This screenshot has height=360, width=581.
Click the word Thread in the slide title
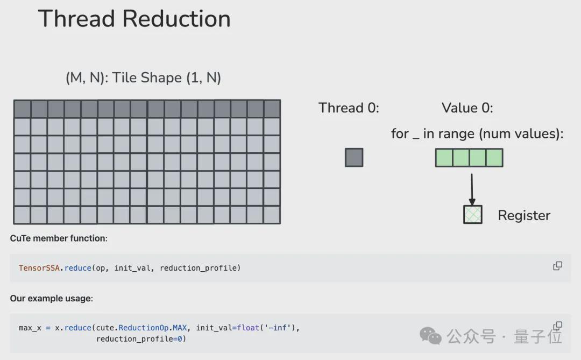click(76, 18)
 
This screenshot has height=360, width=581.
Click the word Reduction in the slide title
click(176, 18)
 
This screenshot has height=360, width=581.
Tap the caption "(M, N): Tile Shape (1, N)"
click(144, 78)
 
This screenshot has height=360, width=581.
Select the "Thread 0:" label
click(349, 108)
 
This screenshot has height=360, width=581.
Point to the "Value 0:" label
click(467, 108)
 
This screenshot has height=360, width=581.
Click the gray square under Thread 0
click(354, 158)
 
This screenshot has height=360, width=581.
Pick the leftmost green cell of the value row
click(444, 158)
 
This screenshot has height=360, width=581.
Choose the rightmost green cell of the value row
click(494, 158)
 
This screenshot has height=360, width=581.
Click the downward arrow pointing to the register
click(472, 189)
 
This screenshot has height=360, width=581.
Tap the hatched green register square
click(473, 215)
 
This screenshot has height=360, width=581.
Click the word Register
click(524, 216)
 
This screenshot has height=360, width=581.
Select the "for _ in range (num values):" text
click(477, 134)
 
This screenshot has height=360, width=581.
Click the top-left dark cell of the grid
click(22, 109)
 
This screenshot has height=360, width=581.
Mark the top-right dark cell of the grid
click(272, 109)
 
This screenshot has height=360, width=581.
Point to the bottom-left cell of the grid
click(22, 215)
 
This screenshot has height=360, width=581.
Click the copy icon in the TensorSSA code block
click(558, 266)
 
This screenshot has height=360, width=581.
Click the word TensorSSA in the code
click(39, 268)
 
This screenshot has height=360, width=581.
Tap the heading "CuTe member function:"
click(59, 238)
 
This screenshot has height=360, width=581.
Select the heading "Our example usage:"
click(52, 299)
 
